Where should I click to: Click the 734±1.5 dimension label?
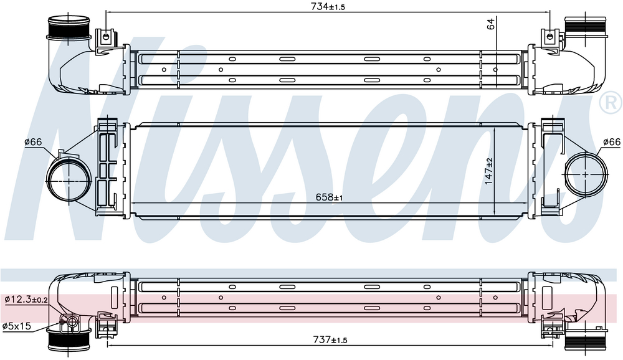(x=328, y=6)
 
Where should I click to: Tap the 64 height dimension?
(x=491, y=24)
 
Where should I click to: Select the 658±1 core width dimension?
(x=329, y=197)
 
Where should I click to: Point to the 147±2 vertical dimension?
(x=488, y=171)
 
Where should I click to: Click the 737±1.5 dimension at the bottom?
(x=330, y=339)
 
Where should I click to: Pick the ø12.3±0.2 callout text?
(x=26, y=300)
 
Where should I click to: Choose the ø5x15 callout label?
(x=17, y=326)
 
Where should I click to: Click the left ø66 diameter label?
(x=33, y=142)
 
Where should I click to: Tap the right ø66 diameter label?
(x=612, y=142)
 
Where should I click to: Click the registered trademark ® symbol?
(x=611, y=103)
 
